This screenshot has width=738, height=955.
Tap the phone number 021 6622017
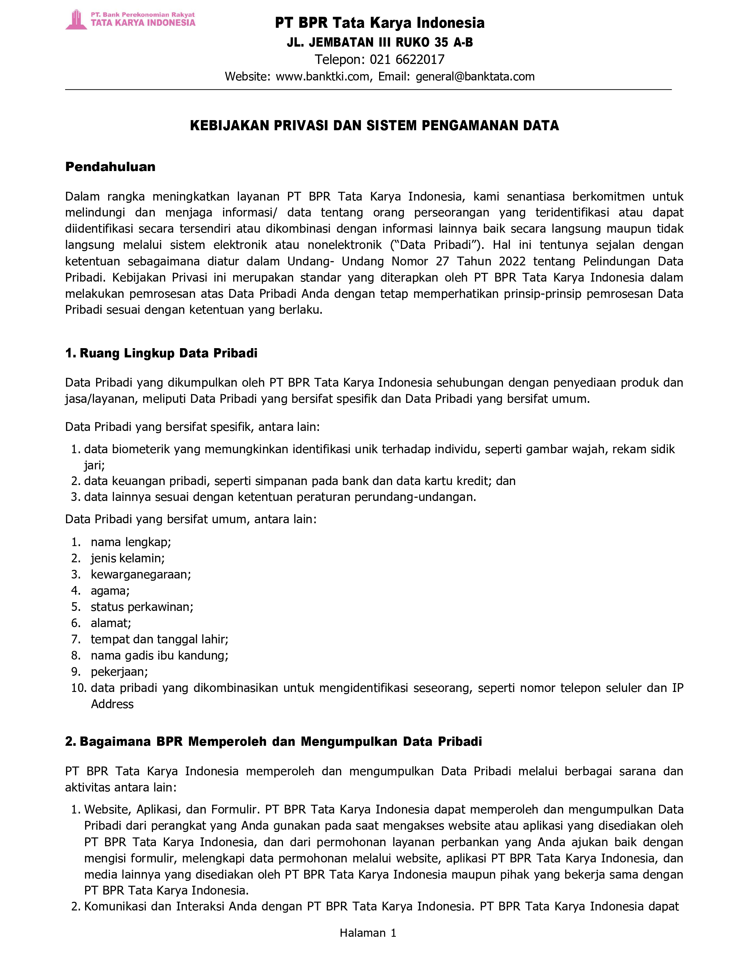pyautogui.click(x=407, y=59)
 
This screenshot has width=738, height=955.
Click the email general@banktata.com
pyautogui.click(x=475, y=76)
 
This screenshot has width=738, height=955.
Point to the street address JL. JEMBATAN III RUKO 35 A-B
pyautogui.click(x=379, y=43)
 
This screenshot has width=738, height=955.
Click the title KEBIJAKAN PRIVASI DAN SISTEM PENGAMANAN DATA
pyautogui.click(x=374, y=126)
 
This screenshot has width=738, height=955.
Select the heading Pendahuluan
pyautogui.click(x=110, y=167)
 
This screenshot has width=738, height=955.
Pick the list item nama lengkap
pyautogui.click(x=131, y=542)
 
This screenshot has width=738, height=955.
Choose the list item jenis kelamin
pyautogui.click(x=128, y=559)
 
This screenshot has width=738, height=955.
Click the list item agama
pyautogui.click(x=110, y=591)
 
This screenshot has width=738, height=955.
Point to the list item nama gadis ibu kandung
pyautogui.click(x=159, y=655)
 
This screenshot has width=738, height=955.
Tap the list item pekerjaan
pyautogui.click(x=119, y=672)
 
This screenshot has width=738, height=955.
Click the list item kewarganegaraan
pyautogui.click(x=141, y=574)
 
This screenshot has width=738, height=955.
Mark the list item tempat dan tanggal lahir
pyautogui.click(x=159, y=639)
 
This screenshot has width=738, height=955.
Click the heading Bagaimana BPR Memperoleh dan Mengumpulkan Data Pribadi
pyautogui.click(x=280, y=742)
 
